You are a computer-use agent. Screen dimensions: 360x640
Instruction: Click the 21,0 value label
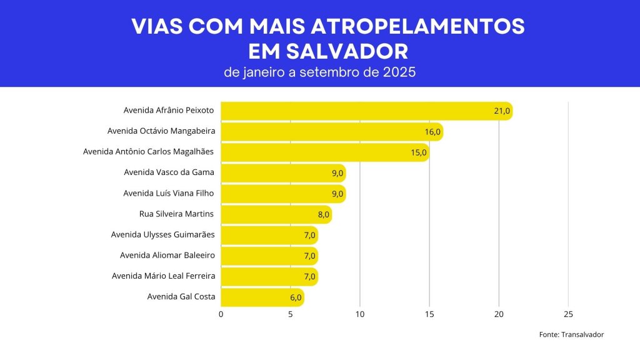click(x=502, y=111)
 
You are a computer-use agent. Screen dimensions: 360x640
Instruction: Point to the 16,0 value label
click(x=433, y=132)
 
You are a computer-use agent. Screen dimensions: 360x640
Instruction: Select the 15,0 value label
click(x=419, y=152)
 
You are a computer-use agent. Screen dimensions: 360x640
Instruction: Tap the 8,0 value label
click(x=323, y=214)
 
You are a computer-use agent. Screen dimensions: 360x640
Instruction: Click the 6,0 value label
click(x=296, y=297)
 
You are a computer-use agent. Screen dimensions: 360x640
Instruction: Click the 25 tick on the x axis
click(x=568, y=314)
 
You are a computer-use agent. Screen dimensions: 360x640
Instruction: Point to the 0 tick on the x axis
click(x=221, y=314)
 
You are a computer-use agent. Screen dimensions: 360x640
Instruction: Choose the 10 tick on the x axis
click(x=360, y=314)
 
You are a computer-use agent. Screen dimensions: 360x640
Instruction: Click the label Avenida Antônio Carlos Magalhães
click(x=148, y=152)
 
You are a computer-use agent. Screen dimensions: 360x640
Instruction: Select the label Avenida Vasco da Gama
click(x=169, y=172)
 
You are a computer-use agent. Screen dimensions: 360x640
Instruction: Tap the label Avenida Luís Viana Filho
click(x=169, y=193)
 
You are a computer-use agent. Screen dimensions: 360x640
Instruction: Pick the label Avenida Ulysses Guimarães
click(x=162, y=234)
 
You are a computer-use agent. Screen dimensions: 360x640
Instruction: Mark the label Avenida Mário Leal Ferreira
click(x=163, y=276)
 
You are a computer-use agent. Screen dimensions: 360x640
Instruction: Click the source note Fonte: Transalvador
click(x=571, y=335)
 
